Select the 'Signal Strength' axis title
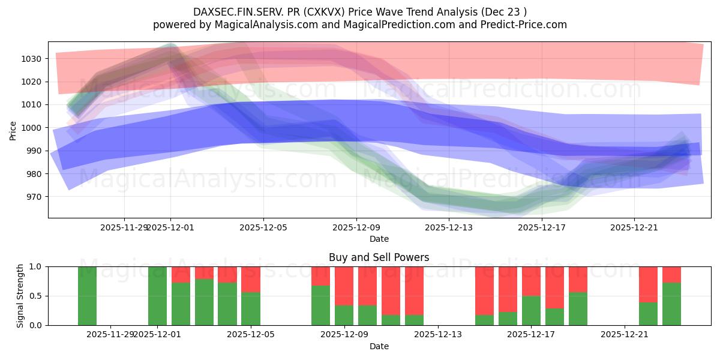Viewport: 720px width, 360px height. coord(20,296)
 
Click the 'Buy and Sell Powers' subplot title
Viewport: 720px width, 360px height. coord(379,257)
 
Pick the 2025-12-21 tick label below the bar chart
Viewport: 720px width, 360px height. coord(625,334)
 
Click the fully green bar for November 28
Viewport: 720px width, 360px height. coord(87,296)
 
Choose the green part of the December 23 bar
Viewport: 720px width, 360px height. coord(671,304)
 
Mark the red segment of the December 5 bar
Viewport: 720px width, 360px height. coord(251,279)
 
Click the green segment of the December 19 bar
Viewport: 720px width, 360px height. coord(578,309)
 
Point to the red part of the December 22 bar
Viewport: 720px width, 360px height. coord(648,284)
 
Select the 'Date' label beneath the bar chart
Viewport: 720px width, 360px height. coord(379,346)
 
